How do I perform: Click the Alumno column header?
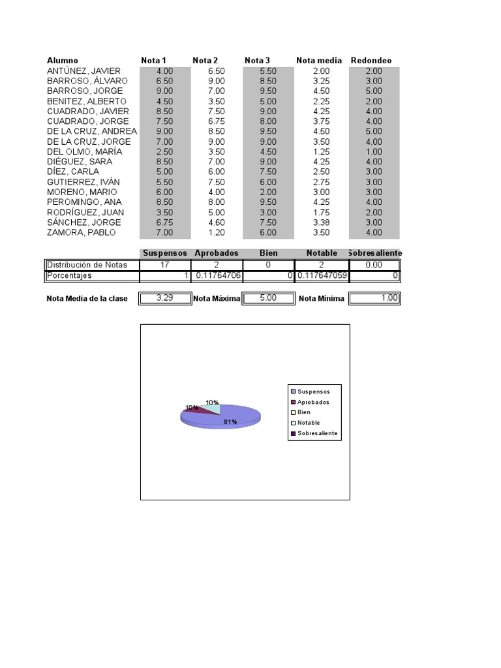pos(63,61)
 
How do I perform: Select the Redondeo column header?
pos(371,61)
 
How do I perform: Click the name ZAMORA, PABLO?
pos(81,232)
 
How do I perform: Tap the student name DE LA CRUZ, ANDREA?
pos(92,131)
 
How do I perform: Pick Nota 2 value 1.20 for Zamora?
pos(217,232)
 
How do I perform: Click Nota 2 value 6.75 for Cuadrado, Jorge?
pos(217,121)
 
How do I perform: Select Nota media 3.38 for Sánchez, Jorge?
pos(320,222)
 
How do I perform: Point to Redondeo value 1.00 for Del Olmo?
pos(374,151)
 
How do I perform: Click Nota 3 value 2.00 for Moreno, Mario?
pos(268,192)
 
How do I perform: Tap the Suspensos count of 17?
pos(165,265)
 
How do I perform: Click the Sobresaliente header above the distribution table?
pos(374,253)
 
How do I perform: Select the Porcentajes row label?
pos(69,276)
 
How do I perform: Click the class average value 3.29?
pos(165,298)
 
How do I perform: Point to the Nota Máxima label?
pos(217,299)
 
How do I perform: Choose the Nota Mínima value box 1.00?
pos(374,298)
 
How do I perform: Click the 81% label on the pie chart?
pos(230,422)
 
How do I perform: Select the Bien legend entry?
pos(304,412)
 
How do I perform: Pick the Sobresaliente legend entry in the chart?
pos(316,433)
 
